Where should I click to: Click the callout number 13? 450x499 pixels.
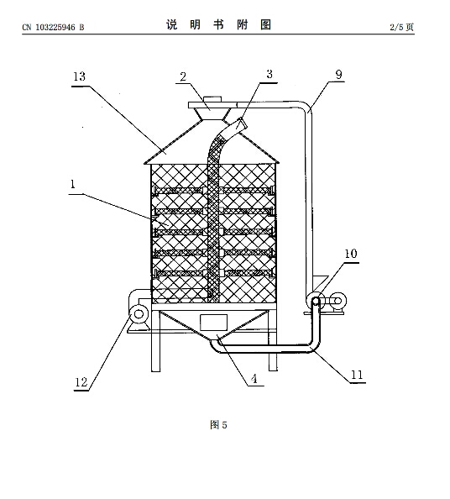[x=79, y=76]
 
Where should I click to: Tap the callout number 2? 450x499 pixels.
[x=183, y=76]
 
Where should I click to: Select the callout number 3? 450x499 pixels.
[x=269, y=74]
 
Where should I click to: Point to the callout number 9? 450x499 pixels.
[x=338, y=75]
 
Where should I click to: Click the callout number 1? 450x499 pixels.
[x=73, y=184]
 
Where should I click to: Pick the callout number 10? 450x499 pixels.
[x=351, y=254]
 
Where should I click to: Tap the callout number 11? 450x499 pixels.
[x=357, y=375]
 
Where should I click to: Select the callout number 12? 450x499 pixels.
[x=81, y=382]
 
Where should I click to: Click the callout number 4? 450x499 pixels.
[x=254, y=379]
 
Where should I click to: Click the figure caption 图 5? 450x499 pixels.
[x=218, y=424]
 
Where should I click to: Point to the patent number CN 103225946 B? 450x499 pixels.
[x=53, y=28]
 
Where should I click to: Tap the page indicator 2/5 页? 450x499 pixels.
[x=402, y=27]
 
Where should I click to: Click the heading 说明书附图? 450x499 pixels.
[x=218, y=24]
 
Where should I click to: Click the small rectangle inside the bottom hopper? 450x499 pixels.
[x=213, y=323]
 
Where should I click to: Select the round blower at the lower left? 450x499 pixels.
[x=139, y=314]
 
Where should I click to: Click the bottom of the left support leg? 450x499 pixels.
[x=155, y=370]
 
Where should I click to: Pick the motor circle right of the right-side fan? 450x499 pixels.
[x=337, y=301]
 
